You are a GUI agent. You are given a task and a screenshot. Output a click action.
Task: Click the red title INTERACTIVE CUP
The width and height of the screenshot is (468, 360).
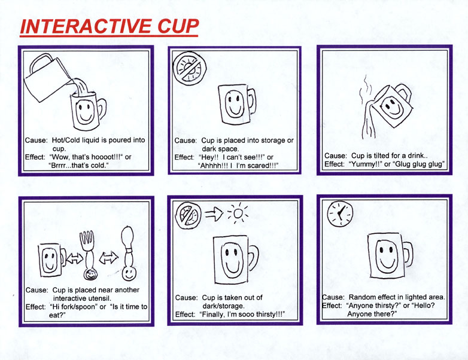(109, 26)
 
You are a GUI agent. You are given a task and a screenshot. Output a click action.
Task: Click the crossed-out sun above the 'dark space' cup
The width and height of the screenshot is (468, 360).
(190, 68)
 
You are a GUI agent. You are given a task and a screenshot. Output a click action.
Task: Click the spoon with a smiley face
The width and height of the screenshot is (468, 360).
(129, 253)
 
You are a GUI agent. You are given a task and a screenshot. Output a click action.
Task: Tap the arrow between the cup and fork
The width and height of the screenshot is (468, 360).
(74, 258)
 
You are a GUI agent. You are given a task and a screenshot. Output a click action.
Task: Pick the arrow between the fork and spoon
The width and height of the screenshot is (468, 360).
(109, 257)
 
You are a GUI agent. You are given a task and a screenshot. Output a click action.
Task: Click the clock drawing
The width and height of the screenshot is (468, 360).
(341, 213)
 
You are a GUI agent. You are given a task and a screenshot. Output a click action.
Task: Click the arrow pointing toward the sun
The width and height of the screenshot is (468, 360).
(214, 213)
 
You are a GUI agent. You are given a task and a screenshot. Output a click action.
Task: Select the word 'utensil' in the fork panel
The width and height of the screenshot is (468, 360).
(100, 298)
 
